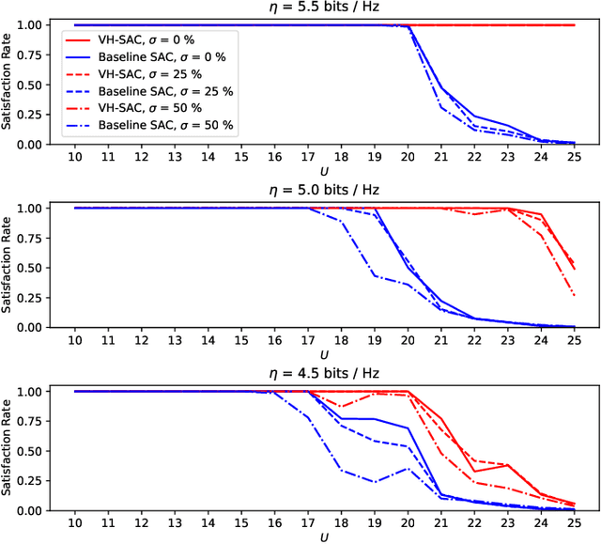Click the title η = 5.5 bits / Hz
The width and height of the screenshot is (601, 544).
(324, 8)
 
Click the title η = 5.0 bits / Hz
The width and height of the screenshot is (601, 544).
(324, 191)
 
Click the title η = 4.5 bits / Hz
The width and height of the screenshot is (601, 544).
(324, 374)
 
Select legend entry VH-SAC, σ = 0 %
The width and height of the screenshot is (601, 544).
(151, 40)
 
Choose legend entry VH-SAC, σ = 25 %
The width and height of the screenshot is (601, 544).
(154, 73)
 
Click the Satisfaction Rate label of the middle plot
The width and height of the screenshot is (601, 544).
(8, 268)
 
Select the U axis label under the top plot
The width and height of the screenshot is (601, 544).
(324, 171)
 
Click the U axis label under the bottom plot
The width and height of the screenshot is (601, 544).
(324, 537)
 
